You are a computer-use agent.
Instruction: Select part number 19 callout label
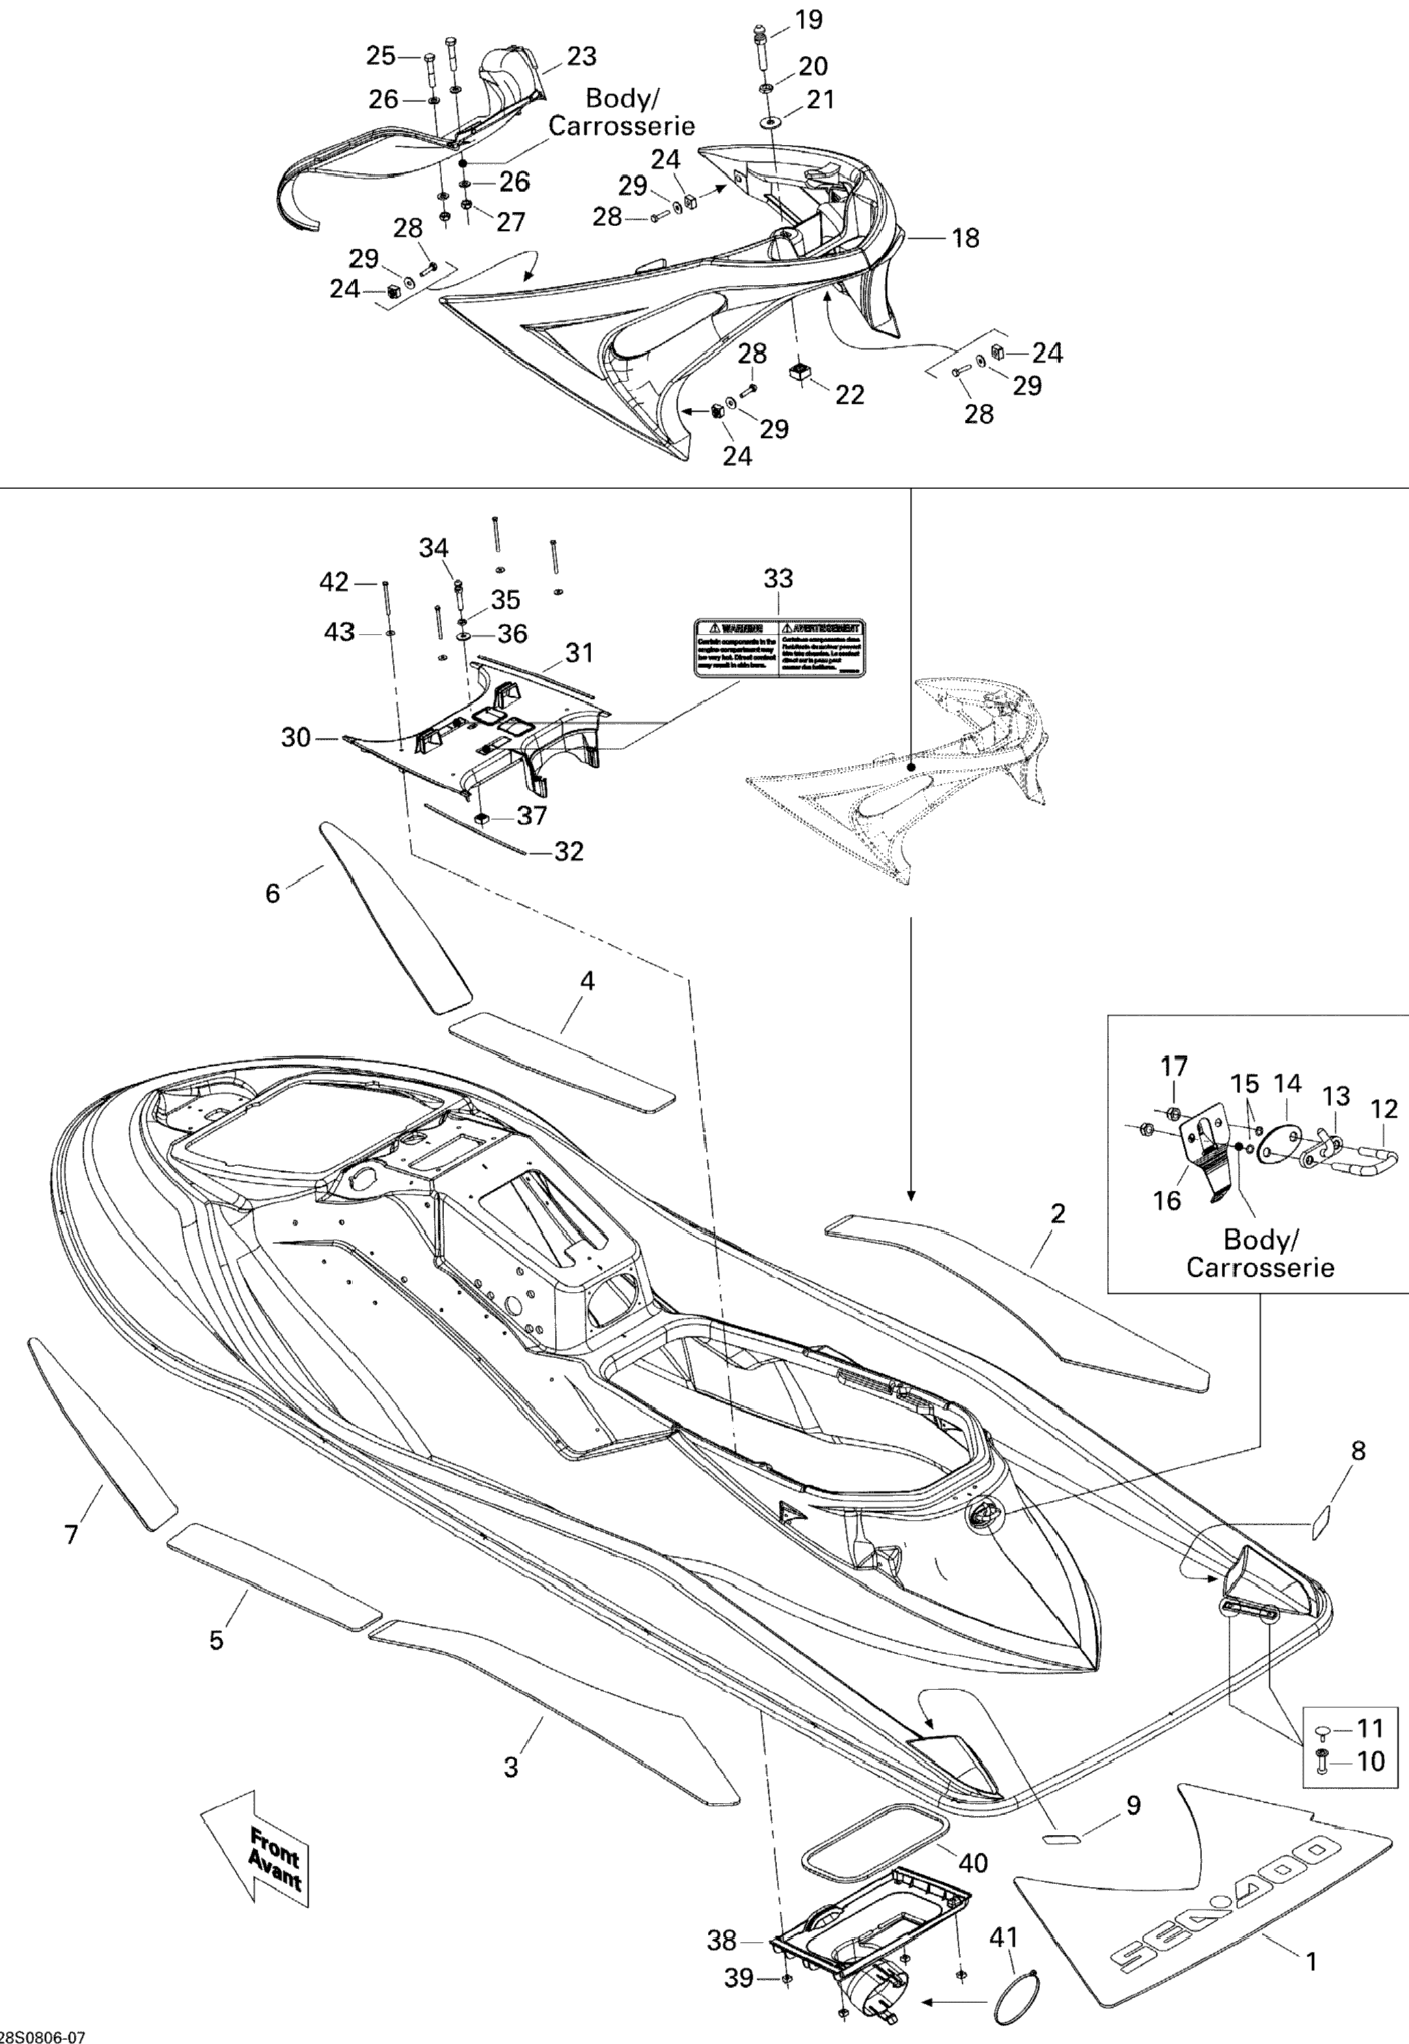click(808, 18)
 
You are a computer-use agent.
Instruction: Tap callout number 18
click(966, 238)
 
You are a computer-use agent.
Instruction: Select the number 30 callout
click(296, 737)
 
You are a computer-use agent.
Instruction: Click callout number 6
click(273, 893)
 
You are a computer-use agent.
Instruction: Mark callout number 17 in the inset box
click(1174, 1066)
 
